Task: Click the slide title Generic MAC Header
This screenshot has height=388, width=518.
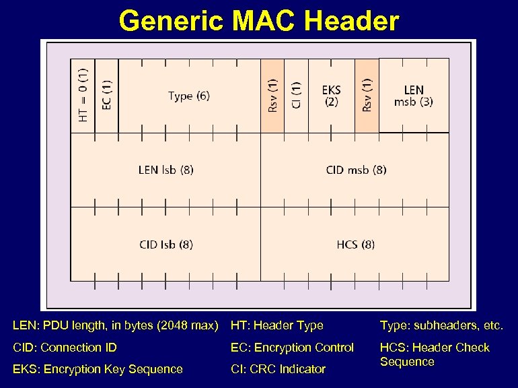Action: [x=259, y=21]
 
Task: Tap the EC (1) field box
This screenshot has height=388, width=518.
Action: [x=107, y=96]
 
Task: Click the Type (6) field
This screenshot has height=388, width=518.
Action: [x=189, y=96]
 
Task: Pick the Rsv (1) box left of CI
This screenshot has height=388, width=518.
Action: [x=272, y=96]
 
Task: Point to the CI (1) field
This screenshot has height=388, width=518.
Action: [x=296, y=96]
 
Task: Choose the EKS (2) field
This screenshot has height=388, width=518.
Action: [x=331, y=96]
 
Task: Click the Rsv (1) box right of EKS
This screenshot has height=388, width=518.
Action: [x=367, y=96]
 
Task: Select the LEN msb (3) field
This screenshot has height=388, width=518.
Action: [x=414, y=96]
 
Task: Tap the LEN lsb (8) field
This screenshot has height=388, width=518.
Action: [x=165, y=170]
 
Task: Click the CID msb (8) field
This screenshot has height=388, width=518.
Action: [x=355, y=170]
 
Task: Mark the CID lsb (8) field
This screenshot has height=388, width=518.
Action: [x=165, y=244]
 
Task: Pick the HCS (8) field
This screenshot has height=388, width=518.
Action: [x=355, y=244]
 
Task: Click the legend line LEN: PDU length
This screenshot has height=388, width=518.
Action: [x=116, y=326]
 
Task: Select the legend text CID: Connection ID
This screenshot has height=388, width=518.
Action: [x=65, y=348]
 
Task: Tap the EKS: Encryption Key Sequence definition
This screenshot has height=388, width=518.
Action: [x=98, y=369]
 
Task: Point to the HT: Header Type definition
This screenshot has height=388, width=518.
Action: [x=276, y=326]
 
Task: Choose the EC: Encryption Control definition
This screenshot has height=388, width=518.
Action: [x=292, y=348]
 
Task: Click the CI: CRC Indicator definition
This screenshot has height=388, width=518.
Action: [x=278, y=369]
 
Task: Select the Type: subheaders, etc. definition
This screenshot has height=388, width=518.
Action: [x=441, y=326]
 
